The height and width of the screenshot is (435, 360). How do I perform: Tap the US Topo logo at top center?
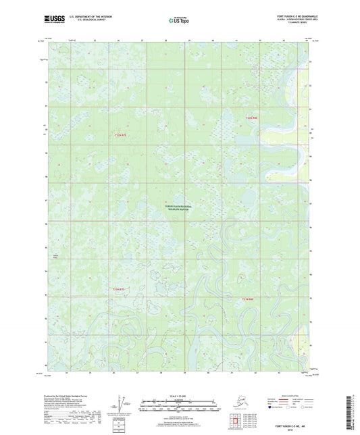coord(178,20)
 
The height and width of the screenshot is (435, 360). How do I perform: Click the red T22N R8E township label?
coord(251,118)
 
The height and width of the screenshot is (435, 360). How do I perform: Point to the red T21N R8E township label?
coord(247,298)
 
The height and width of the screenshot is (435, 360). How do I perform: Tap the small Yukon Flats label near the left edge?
coord(56,256)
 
